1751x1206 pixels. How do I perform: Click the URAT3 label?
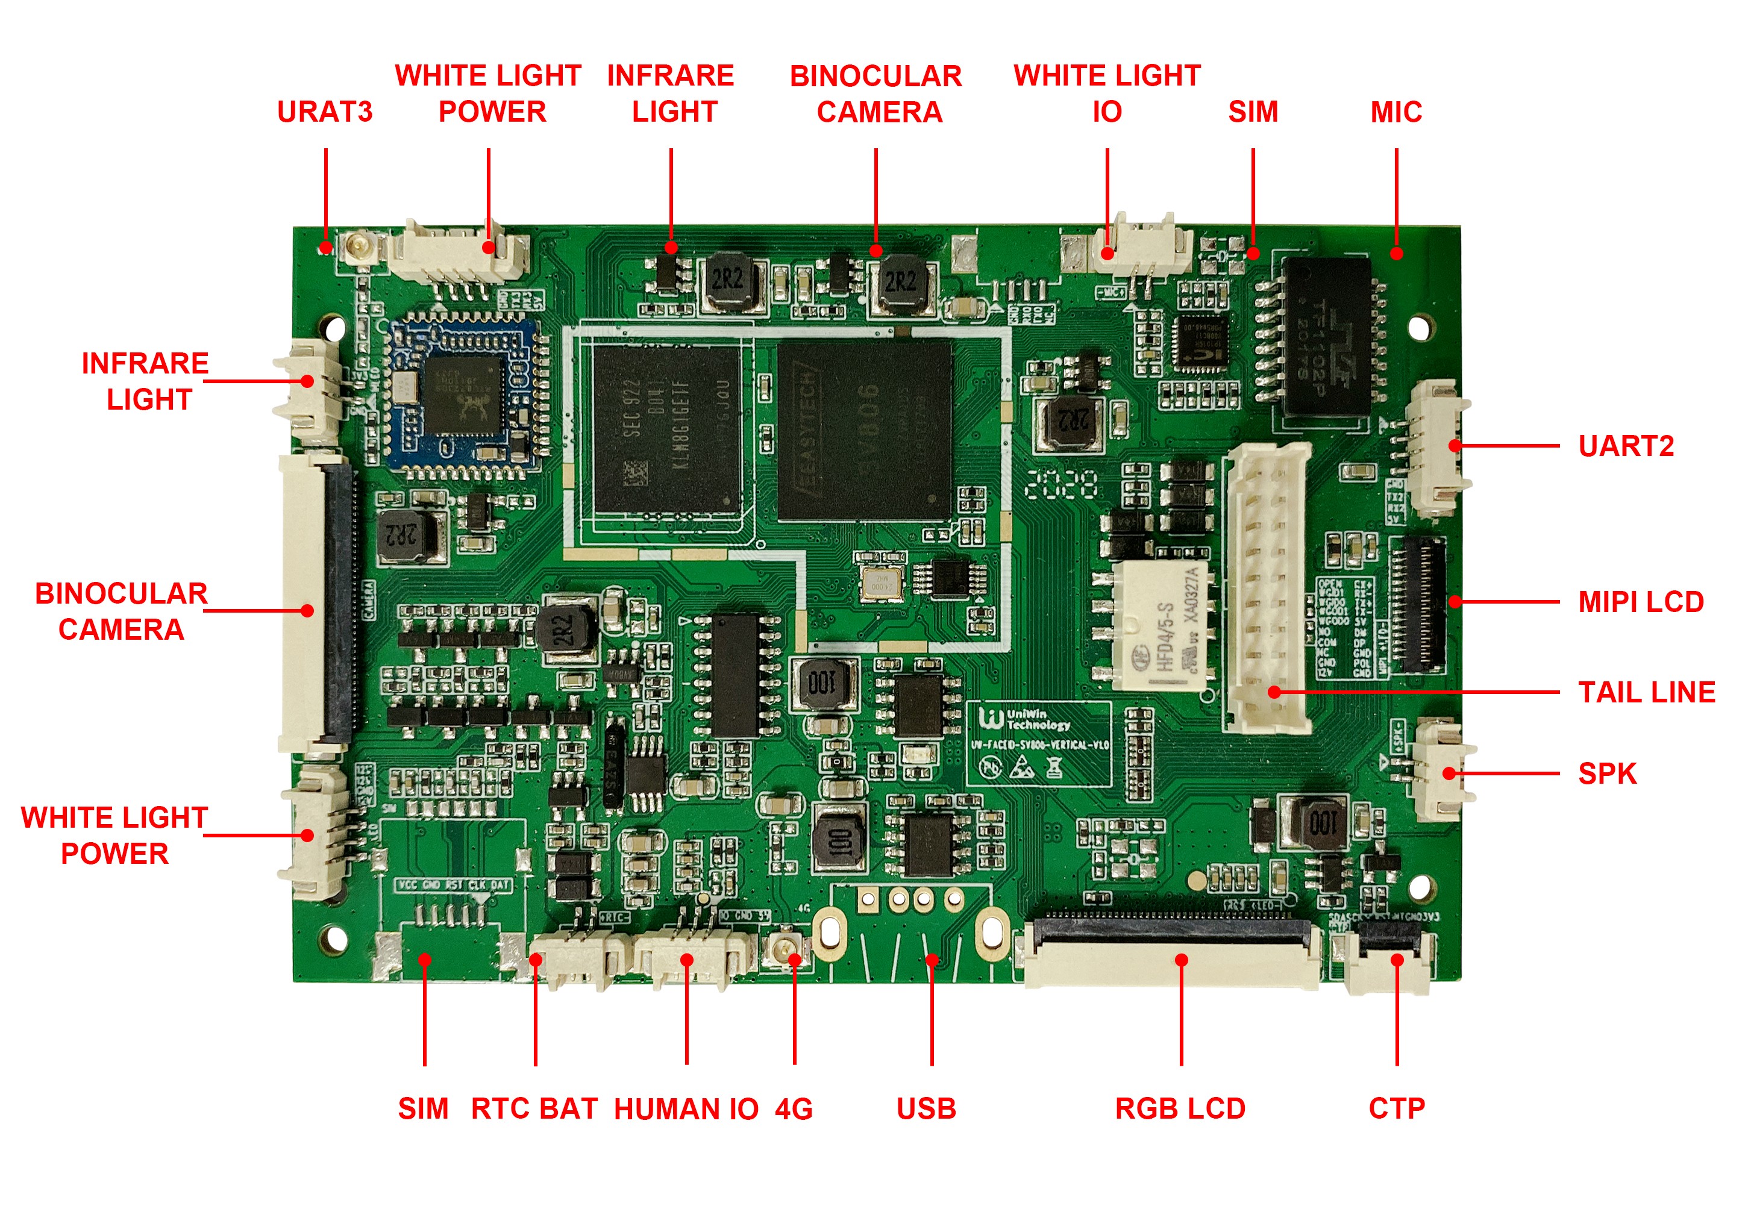pos(324,112)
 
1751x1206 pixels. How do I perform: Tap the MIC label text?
pos(1396,112)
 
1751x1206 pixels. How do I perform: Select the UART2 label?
pos(1626,446)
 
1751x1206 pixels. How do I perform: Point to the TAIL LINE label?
pos(1646,692)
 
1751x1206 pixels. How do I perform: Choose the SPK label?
pos(1606,773)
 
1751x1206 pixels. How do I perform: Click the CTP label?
pos(1397,1108)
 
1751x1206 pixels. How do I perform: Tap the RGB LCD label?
pos(1180,1108)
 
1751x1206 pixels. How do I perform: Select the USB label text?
pos(927,1108)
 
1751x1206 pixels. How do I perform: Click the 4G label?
pos(794,1108)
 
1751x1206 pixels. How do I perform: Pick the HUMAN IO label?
pos(686,1108)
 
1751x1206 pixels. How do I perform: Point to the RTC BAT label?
pos(534,1108)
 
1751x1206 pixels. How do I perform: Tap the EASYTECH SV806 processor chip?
pos(864,429)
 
